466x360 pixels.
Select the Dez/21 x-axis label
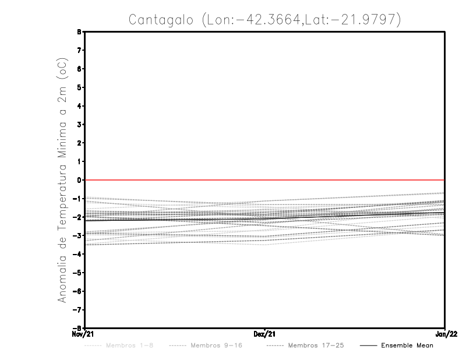pyautogui.click(x=265, y=334)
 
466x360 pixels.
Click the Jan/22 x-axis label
pyautogui.click(x=444, y=334)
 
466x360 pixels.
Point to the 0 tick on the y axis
pyautogui.click(x=79, y=180)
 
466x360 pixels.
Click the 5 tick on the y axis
pyautogui.click(x=79, y=87)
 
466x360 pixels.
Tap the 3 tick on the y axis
pyautogui.click(x=79, y=125)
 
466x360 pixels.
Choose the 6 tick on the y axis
pyautogui.click(x=79, y=69)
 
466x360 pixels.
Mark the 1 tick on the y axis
pyautogui.click(x=79, y=161)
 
